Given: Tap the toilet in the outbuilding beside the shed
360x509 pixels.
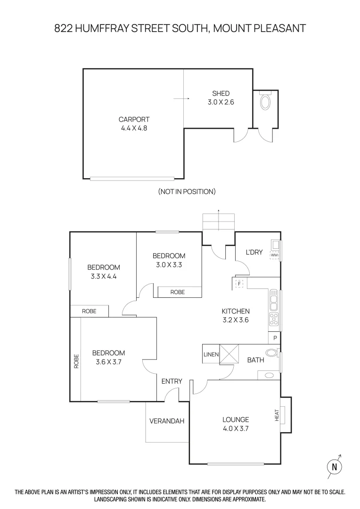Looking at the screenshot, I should coord(265,102).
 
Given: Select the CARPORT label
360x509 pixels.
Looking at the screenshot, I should coord(134,120).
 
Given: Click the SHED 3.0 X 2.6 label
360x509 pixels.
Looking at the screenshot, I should coord(221,98).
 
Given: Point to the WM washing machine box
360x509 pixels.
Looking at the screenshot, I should coord(274,255).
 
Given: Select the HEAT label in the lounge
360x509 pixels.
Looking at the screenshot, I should coord(277,415).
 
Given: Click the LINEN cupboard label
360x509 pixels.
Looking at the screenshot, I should coord(211,354).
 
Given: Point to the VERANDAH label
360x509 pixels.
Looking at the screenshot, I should coord(167,421).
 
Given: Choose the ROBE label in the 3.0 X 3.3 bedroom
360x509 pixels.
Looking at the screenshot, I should coord(178,292).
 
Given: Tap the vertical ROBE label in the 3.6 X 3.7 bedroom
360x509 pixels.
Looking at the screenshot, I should coord(76,361).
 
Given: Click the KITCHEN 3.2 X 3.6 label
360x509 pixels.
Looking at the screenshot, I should coord(235,315).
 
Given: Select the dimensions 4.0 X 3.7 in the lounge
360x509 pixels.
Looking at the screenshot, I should coord(235,428).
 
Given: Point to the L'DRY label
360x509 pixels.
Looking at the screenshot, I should coord(254,252).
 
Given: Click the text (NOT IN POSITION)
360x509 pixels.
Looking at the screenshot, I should coord(187,191).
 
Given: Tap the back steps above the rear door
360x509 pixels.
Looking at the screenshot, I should coord(218,222).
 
